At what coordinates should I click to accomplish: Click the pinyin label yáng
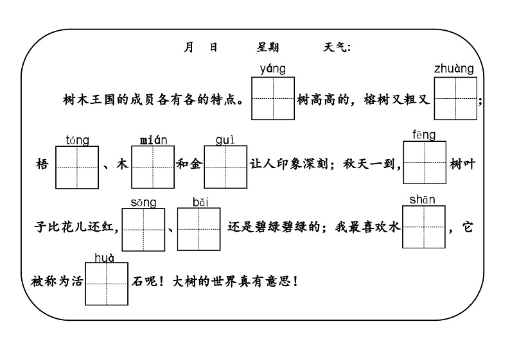point(273,69)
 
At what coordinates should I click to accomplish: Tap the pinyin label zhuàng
point(453,69)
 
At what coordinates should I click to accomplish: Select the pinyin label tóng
point(78,140)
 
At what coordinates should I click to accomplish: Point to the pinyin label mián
point(154,140)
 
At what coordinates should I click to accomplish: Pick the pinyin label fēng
point(424,135)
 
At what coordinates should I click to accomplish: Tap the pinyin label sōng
point(143,203)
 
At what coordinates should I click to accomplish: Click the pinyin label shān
point(422,200)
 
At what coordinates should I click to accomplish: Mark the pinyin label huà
point(104,258)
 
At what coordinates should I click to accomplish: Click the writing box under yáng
point(273,98)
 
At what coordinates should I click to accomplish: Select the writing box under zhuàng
point(455,98)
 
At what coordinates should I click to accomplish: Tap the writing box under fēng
point(425,163)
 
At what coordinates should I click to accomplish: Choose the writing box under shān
point(423,227)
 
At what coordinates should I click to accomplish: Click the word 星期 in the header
point(268,47)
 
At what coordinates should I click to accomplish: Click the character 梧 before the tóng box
point(43,164)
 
